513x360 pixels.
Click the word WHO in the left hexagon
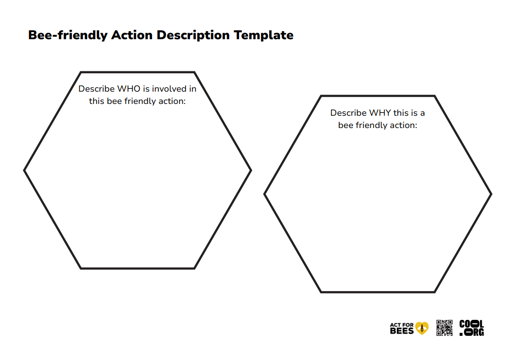pyautogui.click(x=129, y=89)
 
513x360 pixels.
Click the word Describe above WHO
pyautogui.click(x=97, y=89)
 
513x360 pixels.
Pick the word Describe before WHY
pyautogui.click(x=349, y=113)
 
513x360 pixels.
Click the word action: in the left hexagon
pyautogui.click(x=171, y=101)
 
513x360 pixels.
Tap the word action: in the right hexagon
pyautogui.click(x=403, y=125)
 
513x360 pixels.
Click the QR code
pyautogui.click(x=444, y=328)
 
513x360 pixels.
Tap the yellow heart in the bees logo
pyautogui.click(x=422, y=328)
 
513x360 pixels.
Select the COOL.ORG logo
pyautogui.click(x=471, y=328)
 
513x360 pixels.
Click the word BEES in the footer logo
pyautogui.click(x=402, y=331)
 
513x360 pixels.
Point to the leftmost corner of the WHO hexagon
pyautogui.click(x=25, y=170)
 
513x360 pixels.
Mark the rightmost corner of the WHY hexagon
pyautogui.click(x=491, y=194)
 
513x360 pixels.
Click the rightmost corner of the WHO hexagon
pyautogui.click(x=251, y=170)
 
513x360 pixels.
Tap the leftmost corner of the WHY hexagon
pyautogui.click(x=265, y=194)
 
